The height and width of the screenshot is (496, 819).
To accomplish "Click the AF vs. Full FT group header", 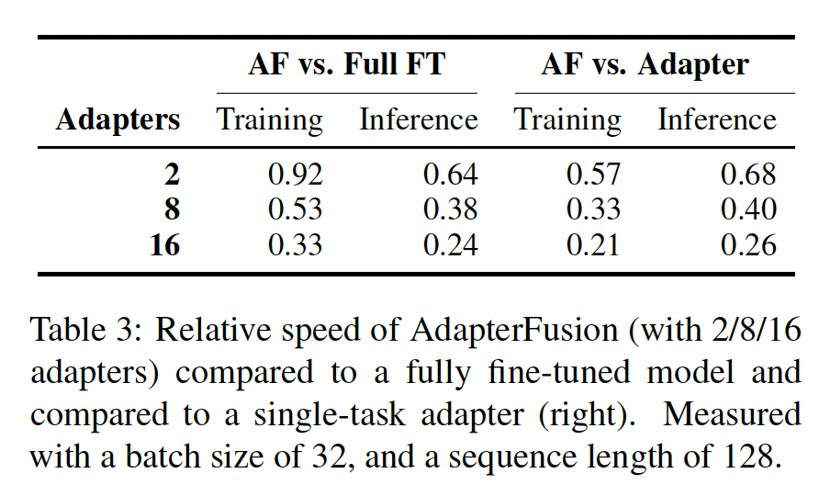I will click(x=347, y=65).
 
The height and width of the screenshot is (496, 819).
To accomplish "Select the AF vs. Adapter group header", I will click(x=645, y=65).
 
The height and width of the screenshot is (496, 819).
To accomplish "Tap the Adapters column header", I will click(x=118, y=120).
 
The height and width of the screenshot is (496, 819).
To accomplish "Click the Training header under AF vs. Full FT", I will click(x=269, y=120).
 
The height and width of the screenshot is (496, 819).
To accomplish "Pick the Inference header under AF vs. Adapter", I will click(x=717, y=120).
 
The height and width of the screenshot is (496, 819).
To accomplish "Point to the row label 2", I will click(x=170, y=175).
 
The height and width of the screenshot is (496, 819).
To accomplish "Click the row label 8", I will click(x=170, y=209).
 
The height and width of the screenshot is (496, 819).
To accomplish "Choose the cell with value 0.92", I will click(x=295, y=175).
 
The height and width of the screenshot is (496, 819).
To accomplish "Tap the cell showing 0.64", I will click(x=450, y=175).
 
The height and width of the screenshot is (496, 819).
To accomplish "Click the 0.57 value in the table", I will click(x=593, y=175).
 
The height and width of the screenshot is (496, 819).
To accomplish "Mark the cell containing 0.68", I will click(x=748, y=175).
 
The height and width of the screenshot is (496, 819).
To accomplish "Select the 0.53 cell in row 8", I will click(x=295, y=209).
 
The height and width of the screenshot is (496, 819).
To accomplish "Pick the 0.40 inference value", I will click(x=748, y=209).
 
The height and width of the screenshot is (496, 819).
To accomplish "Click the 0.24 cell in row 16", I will click(x=450, y=245).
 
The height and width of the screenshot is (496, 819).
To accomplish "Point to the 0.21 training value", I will click(x=593, y=245).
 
